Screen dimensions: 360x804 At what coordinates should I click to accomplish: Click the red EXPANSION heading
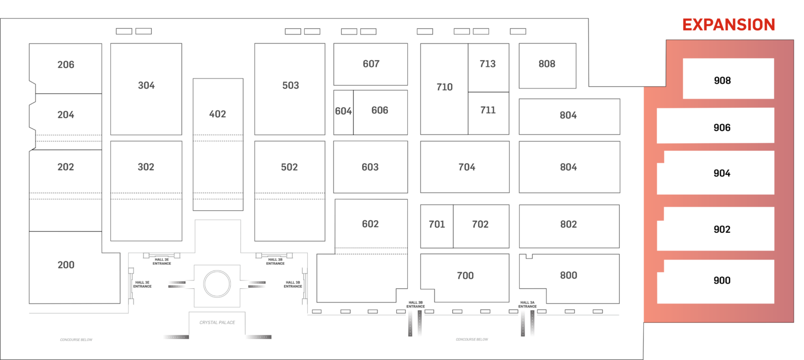coord(728,25)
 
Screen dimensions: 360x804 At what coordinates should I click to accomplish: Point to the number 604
coord(343,111)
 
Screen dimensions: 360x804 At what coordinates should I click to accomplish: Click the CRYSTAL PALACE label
coord(217,322)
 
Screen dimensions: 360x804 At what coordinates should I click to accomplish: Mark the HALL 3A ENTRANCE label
coord(527,304)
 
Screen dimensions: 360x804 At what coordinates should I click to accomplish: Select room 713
coord(488,64)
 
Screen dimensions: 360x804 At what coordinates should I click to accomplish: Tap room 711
coord(488,110)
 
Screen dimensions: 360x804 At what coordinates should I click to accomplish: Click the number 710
coord(444,87)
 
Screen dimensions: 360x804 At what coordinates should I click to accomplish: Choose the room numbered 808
coord(547,64)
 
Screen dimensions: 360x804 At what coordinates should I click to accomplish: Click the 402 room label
coord(218,114)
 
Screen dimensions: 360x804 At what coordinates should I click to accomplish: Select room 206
coord(66,65)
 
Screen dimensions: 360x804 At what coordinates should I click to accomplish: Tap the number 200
coord(66,265)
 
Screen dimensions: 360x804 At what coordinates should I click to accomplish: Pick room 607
coord(371,64)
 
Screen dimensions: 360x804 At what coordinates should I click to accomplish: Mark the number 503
coord(291,86)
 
